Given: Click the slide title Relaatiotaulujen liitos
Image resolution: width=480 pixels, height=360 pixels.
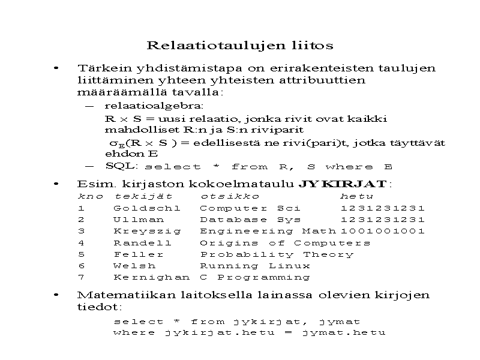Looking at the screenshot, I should (x=240, y=46).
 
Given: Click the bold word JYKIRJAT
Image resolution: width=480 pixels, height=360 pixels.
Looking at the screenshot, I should (x=344, y=184).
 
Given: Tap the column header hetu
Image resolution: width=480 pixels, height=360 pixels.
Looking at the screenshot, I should (x=356, y=196).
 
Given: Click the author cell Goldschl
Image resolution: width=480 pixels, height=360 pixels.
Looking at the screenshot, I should (x=146, y=208).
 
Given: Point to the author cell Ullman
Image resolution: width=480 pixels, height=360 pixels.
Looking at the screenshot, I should (x=138, y=220).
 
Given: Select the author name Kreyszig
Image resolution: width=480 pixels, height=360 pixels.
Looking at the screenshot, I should (x=142, y=231).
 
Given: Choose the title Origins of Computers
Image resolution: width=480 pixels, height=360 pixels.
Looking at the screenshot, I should (x=285, y=243).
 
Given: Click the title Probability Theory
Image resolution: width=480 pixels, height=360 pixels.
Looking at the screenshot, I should (x=276, y=254).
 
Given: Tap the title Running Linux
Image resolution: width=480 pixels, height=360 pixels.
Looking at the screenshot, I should (x=255, y=266).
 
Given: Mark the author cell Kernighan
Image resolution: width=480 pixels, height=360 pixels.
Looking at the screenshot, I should (x=151, y=277).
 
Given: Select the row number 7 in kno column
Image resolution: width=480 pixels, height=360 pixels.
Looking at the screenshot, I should (x=81, y=277).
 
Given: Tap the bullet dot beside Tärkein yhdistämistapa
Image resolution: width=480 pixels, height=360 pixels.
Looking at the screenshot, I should (x=56, y=68).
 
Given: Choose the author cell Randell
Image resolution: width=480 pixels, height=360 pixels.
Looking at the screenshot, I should (x=142, y=243).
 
